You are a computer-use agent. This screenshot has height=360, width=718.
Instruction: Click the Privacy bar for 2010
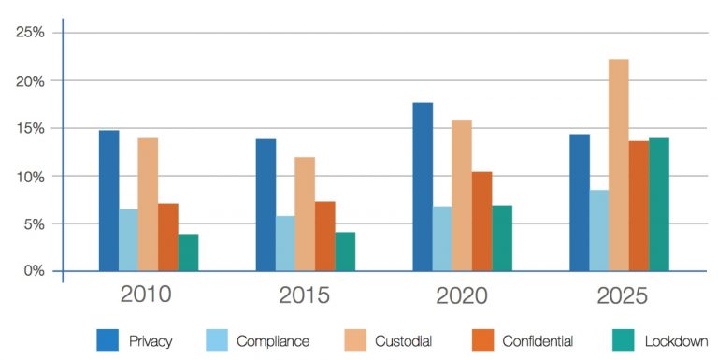pyautogui.click(x=108, y=201)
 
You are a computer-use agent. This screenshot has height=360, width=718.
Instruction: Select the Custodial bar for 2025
pyautogui.click(x=619, y=166)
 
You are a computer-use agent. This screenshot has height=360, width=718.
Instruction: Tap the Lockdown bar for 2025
pyautogui.click(x=659, y=205)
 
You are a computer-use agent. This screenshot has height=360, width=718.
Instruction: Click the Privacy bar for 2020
pyautogui.click(x=423, y=187)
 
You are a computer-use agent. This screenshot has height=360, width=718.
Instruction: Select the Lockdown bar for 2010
pyautogui.click(x=188, y=252)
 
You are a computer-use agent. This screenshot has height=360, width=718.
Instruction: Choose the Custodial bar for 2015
pyautogui.click(x=305, y=214)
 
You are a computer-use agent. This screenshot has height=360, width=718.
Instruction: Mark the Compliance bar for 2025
pyautogui.click(x=598, y=231)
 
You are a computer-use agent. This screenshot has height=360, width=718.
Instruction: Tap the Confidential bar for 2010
pyautogui.click(x=168, y=238)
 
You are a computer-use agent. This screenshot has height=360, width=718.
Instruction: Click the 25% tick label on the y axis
pyautogui.click(x=31, y=33)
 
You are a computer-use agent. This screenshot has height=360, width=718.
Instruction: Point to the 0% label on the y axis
pyautogui.click(x=34, y=271)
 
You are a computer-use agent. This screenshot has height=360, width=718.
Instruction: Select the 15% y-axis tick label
pyautogui.click(x=31, y=128)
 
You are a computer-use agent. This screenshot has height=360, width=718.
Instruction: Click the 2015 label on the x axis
pyautogui.click(x=304, y=296)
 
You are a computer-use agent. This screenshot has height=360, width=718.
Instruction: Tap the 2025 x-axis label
pyautogui.click(x=620, y=296)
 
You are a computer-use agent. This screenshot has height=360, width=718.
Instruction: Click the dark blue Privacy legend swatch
pyautogui.click(x=108, y=340)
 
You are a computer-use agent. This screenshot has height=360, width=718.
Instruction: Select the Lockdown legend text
pyautogui.click(x=676, y=341)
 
